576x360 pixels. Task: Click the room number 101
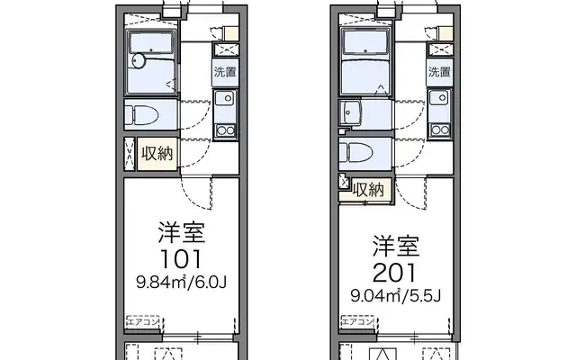point(181,259)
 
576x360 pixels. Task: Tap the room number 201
point(395,273)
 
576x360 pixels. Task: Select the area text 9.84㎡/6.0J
point(181,282)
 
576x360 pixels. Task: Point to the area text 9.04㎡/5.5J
point(396,295)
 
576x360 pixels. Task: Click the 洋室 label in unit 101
point(182,232)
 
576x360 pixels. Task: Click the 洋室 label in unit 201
point(396,246)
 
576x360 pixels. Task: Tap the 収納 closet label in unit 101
point(157,153)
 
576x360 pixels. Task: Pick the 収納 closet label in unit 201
point(368,190)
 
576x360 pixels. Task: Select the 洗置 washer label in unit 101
point(225,72)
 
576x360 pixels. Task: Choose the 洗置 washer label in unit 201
point(439,72)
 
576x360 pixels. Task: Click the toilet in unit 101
point(141,114)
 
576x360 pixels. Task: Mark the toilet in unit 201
point(356,152)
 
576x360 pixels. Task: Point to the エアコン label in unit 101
point(143,322)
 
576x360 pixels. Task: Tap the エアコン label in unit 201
point(357,322)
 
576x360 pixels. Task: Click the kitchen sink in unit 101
point(225,98)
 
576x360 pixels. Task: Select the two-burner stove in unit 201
point(440,130)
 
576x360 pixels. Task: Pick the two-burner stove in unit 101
point(225,130)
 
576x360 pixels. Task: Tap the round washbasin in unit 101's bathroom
point(139,60)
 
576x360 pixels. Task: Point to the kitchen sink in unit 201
point(440,98)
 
